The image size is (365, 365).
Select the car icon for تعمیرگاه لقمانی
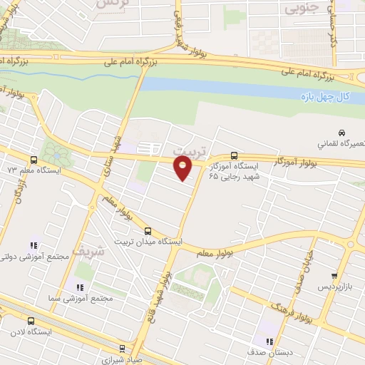click(x=342, y=133)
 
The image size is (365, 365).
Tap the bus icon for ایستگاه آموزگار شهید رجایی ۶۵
click(x=235, y=156)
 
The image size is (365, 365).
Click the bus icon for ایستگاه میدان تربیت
click(x=148, y=230)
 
